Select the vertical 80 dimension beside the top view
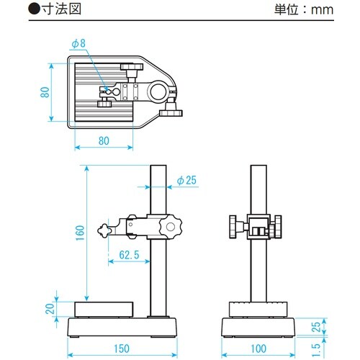click(x=44, y=91)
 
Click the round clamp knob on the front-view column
click(x=171, y=228)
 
